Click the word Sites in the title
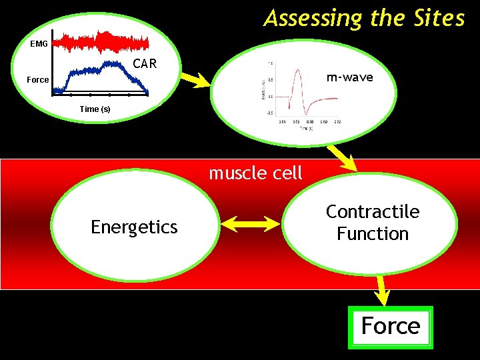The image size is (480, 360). point(438,18)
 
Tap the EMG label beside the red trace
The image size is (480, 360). point(39,44)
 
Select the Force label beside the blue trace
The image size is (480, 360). point(37,79)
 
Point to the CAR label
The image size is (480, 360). point(145,64)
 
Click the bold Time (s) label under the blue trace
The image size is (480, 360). point(95,109)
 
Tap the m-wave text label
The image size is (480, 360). point(350,78)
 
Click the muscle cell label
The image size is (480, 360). point(255,173)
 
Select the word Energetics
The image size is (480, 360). point(134,227)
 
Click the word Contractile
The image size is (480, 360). point(373,212)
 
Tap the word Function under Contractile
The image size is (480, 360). point(373,234)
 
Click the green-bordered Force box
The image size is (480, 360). point(391,327)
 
